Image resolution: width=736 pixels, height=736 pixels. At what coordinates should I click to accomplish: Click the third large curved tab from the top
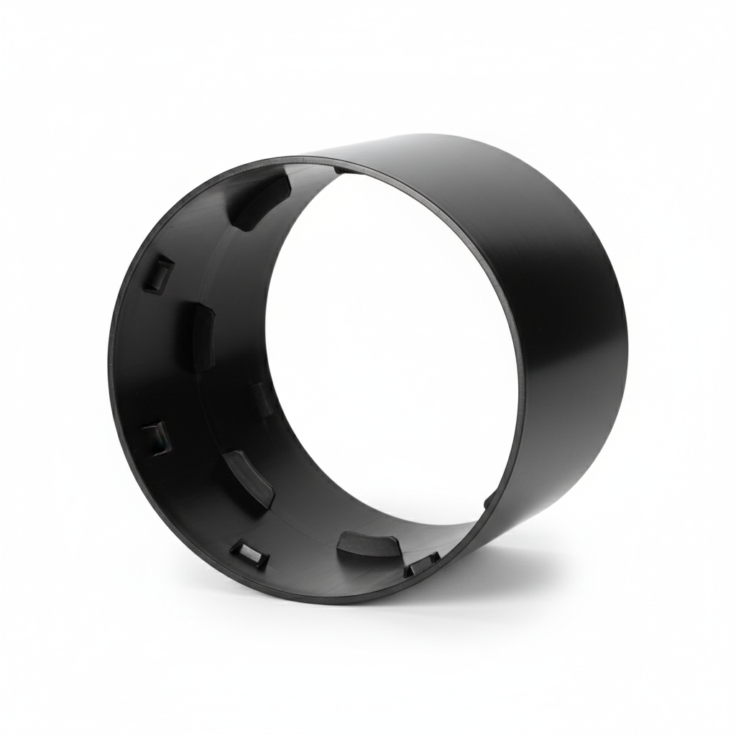pos(248,477)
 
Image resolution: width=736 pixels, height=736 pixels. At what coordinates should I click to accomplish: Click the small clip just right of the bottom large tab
pos(422,565)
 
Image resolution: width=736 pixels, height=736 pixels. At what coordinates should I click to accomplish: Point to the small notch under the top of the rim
pos(345,170)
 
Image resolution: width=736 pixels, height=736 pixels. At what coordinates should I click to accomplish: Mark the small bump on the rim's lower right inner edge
pos(489,501)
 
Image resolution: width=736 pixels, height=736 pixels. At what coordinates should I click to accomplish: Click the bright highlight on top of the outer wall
pos(431,144)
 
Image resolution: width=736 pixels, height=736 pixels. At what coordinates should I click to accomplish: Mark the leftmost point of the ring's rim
pos(109,374)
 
